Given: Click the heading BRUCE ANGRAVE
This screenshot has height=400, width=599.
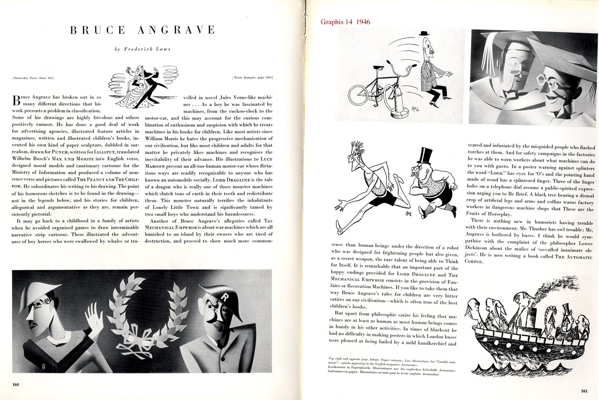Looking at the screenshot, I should (x=142, y=30).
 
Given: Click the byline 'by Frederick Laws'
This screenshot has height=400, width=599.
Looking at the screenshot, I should (x=142, y=49).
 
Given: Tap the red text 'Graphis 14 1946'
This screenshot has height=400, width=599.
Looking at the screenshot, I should (x=345, y=22).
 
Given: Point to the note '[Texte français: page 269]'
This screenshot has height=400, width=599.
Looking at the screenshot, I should (x=253, y=78).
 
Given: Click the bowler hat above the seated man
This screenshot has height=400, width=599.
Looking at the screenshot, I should (x=425, y=33).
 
